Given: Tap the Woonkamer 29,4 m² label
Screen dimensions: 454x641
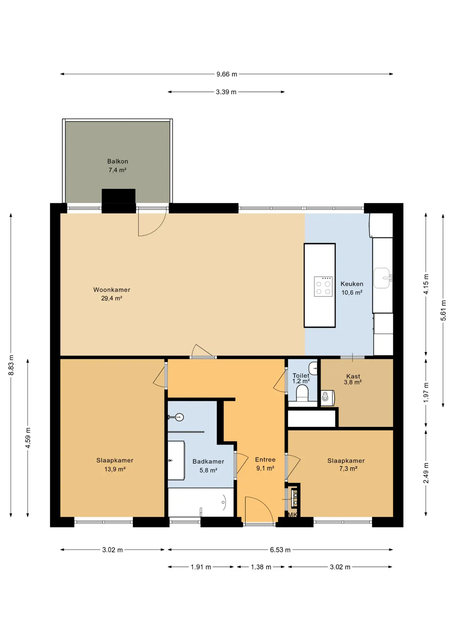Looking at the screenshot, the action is [x=112, y=294].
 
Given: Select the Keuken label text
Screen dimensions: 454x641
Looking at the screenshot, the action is [x=352, y=284].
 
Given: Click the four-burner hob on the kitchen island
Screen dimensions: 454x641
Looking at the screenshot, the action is [x=323, y=286].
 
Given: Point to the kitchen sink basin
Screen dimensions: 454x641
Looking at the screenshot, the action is [x=382, y=278].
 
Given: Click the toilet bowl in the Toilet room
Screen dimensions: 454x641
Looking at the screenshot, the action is [x=302, y=393].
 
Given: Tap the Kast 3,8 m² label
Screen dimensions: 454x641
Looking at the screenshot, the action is [x=353, y=379].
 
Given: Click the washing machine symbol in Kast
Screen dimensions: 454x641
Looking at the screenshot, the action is [x=328, y=398].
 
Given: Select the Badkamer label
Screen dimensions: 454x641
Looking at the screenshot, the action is [x=208, y=461].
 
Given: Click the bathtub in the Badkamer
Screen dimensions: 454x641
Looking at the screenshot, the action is [x=201, y=502].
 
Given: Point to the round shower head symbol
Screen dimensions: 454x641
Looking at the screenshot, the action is [x=180, y=417].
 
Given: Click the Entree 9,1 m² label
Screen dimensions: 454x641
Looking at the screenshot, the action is [x=265, y=464].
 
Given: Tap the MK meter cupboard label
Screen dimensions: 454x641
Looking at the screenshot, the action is [x=293, y=514].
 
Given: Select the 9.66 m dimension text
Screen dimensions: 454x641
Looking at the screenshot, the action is [x=227, y=74].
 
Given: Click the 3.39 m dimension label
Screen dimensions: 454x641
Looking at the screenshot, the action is [x=226, y=92].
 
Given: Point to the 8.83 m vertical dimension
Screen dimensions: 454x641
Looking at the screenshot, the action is [x=11, y=365].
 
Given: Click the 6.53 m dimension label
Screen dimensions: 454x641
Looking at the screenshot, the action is [x=280, y=550].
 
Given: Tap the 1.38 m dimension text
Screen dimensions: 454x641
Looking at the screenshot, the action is [x=261, y=567].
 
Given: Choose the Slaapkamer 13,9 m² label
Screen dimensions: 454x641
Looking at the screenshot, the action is [x=115, y=465].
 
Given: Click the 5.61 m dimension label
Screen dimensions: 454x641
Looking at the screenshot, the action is [x=443, y=310].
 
